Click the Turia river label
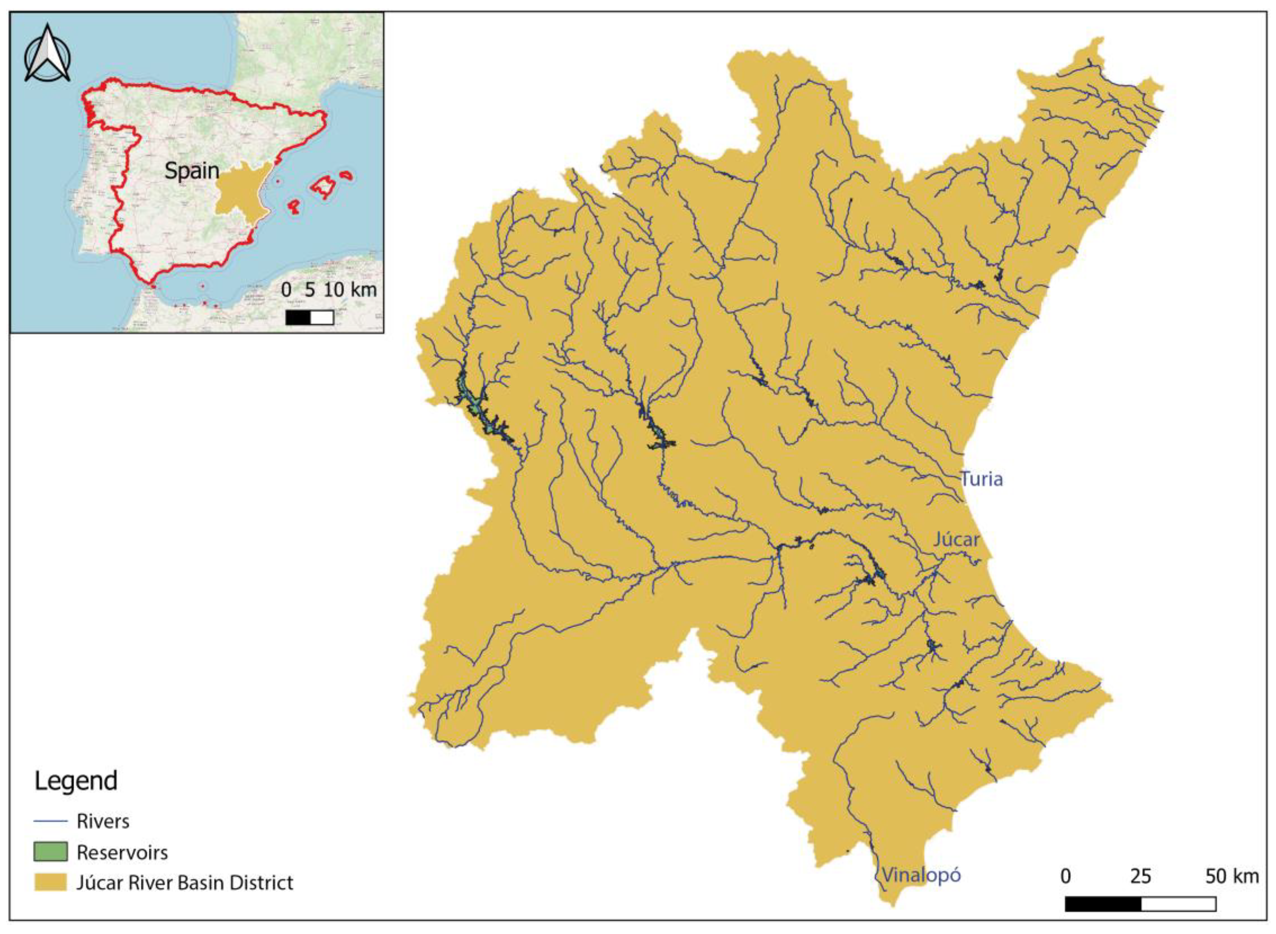(982, 480)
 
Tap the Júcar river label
(956, 540)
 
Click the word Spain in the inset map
(192, 171)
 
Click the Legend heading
(76, 781)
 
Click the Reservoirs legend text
(122, 852)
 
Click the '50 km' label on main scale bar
(1232, 876)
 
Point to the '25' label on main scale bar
(1140, 876)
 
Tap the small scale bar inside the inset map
(309, 318)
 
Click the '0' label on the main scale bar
(1065, 876)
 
